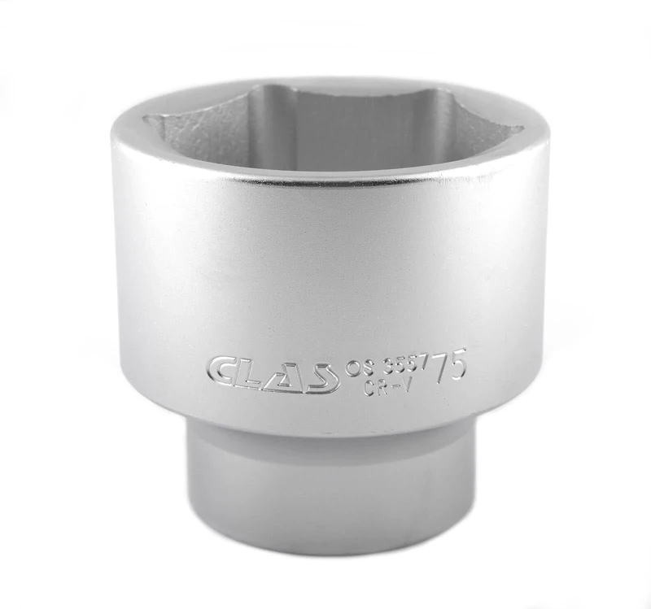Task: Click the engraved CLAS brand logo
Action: (273, 372)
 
